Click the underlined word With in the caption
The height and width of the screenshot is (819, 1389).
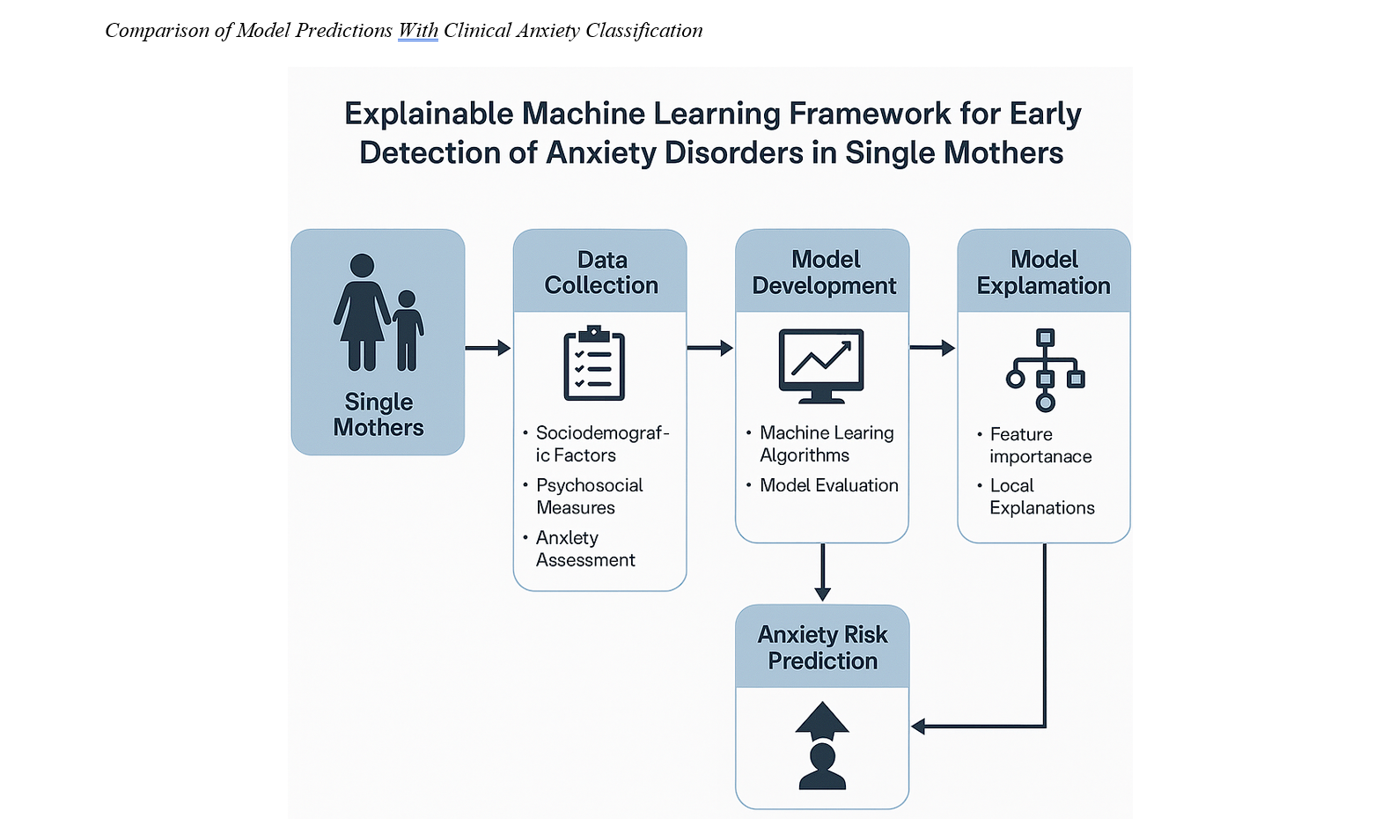pos(418,31)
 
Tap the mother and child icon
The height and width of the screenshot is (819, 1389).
pos(378,312)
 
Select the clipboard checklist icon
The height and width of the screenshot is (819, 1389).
pos(594,363)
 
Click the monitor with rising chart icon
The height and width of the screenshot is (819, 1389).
pos(821,366)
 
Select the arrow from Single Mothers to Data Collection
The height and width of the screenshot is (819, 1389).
pos(488,348)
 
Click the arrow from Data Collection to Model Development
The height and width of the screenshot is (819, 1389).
pos(710,348)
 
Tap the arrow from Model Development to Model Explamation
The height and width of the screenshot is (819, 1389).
pos(933,348)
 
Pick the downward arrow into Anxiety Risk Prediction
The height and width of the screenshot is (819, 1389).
pos(823,572)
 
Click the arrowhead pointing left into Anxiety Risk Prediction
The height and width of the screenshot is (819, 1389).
pos(918,726)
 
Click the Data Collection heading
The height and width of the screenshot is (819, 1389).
pos(601,272)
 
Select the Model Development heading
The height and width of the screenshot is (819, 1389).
pos(824,272)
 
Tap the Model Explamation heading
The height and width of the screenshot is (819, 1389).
pos(1044,272)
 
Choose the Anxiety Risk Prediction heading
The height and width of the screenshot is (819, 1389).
pos(823,648)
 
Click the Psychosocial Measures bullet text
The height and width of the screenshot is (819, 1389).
pos(589,497)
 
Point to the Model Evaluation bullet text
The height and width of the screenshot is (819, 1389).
pos(829,485)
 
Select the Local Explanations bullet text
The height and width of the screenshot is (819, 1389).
pos(1042,497)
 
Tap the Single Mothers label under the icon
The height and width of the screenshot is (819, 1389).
pos(378,415)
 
